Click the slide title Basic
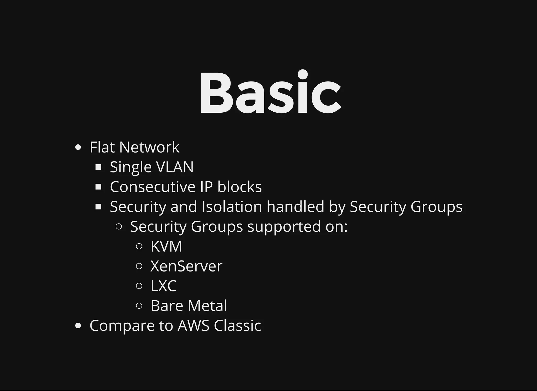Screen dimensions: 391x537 point(270,92)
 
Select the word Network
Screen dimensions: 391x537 point(149,147)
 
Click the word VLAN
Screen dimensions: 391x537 point(175,167)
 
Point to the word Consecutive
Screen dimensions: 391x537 point(153,187)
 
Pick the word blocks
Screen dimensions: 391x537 point(239,187)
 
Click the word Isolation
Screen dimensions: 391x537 point(232,207)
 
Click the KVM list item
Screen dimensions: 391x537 point(166,246)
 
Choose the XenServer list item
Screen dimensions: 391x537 point(186,266)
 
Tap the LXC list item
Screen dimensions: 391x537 point(163,286)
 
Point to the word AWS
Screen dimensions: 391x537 point(194,325)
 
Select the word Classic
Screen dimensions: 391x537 point(237,325)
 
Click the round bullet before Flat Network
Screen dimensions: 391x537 point(78,147)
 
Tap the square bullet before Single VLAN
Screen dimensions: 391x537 point(98,167)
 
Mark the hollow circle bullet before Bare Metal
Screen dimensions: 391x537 point(139,306)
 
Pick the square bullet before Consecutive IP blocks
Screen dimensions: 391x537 point(98,187)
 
